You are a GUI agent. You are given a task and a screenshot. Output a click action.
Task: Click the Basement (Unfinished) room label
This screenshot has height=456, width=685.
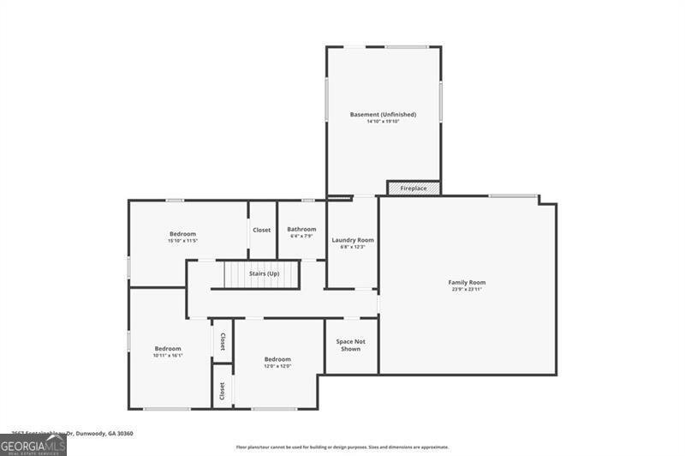point(383,114)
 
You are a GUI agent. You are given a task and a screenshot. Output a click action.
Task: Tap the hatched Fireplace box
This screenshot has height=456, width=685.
point(414,188)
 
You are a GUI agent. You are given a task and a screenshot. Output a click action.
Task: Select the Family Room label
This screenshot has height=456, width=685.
point(467,282)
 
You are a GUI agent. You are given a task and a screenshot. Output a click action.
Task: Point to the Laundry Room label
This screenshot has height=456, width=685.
point(353,240)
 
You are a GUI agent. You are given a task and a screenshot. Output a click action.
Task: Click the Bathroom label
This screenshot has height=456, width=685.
point(301,229)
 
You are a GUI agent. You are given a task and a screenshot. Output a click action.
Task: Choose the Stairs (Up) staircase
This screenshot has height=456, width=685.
point(262,274)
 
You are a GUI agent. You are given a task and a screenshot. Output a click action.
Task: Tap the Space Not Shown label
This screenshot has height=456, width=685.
point(350,345)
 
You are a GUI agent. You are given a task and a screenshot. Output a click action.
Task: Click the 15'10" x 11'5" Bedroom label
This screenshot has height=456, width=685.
point(182,234)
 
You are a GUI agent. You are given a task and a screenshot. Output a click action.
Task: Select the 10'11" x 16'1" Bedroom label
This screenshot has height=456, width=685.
point(168,349)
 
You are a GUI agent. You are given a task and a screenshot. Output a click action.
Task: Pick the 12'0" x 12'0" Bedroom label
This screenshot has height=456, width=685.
point(277,359)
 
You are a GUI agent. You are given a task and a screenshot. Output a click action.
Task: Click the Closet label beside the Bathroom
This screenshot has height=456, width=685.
point(261,230)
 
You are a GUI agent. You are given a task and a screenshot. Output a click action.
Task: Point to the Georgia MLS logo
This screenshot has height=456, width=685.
point(33,445)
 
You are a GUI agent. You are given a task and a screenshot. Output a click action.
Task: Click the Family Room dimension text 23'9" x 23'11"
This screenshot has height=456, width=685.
point(467,289)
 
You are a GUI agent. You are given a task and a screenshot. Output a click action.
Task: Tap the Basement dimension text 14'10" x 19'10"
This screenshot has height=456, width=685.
point(383,122)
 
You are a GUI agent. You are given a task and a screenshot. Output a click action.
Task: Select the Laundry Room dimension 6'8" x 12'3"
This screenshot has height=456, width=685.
point(353,247)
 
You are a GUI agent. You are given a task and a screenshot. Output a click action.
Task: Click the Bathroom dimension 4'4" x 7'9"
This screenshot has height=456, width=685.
point(301,236)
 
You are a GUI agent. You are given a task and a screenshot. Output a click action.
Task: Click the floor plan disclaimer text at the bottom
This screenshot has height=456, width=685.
point(342,447)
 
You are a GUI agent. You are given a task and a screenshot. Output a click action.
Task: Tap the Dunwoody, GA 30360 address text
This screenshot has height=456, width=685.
point(94,434)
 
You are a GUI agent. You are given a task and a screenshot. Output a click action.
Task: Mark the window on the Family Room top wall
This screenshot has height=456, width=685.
point(513,196)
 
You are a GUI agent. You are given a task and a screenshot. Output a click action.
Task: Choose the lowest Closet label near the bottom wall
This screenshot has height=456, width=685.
point(223,391)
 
